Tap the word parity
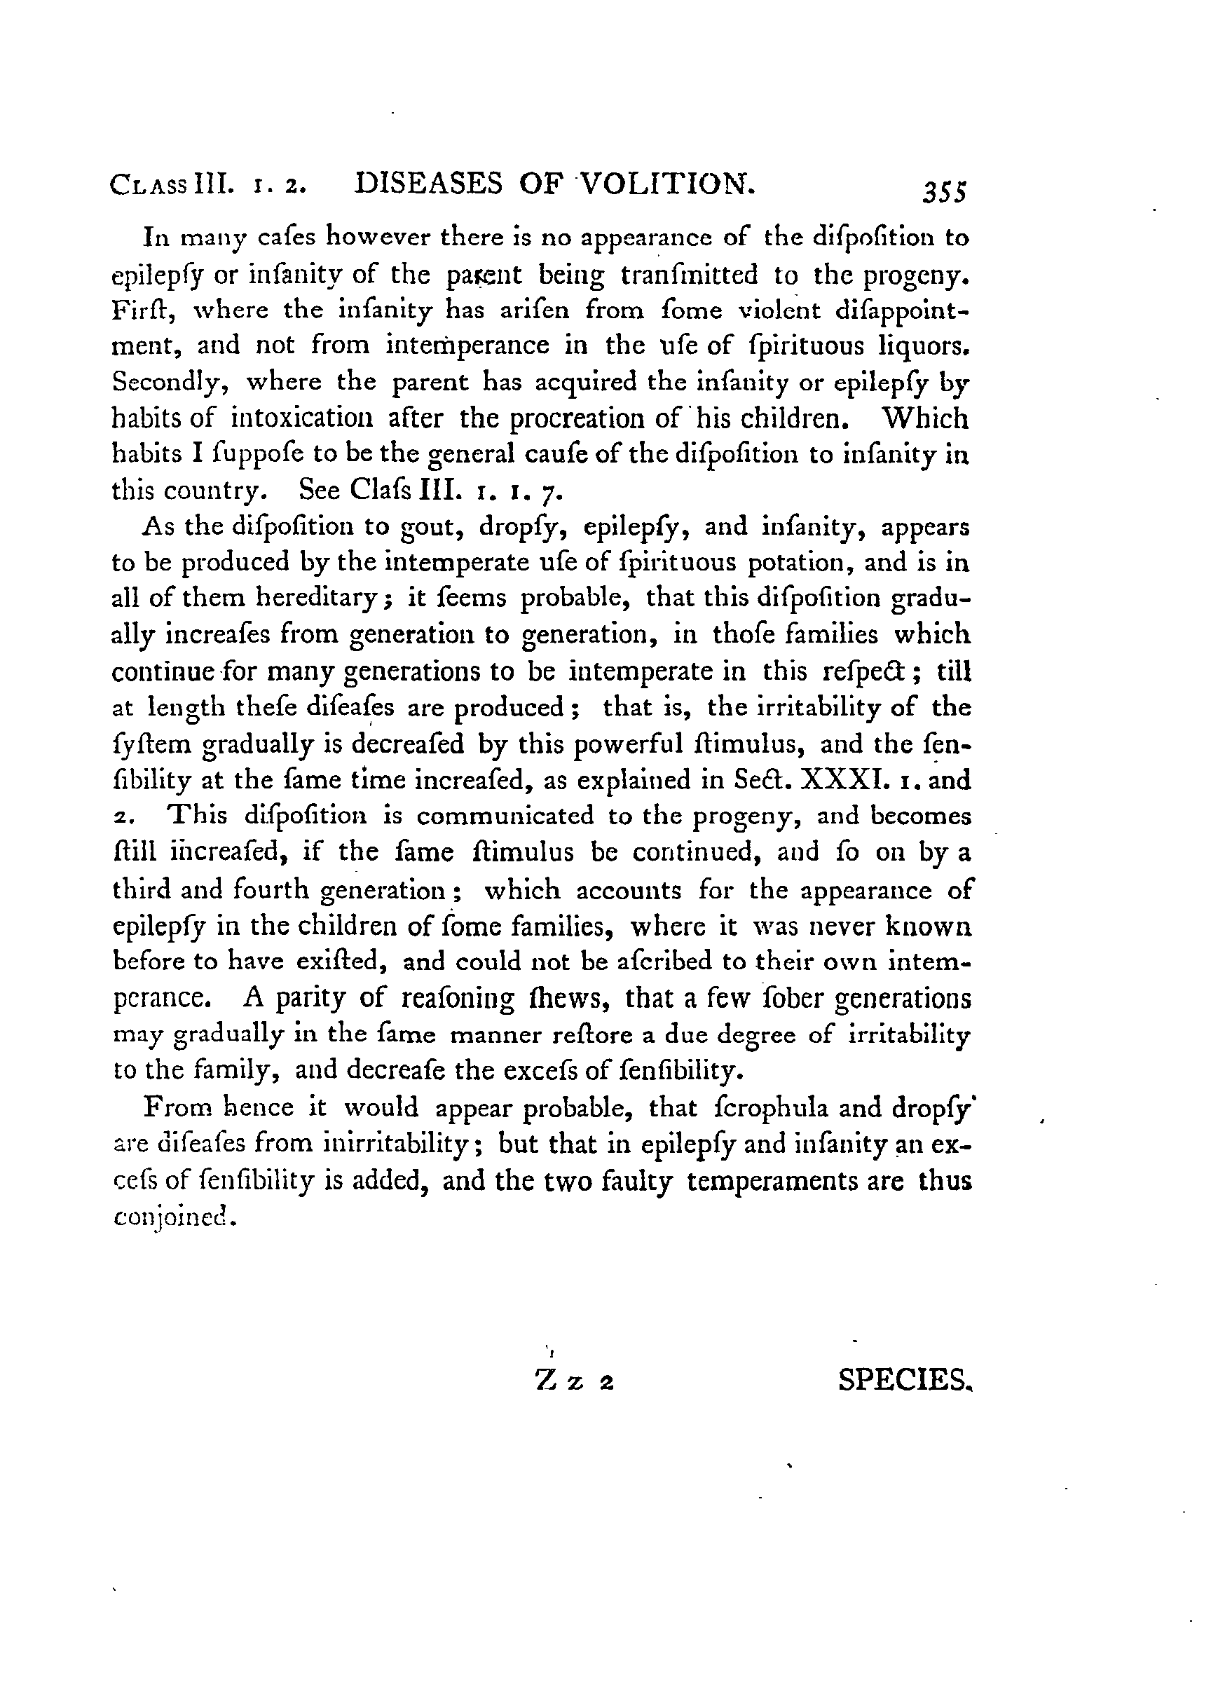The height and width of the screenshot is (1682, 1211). click(x=311, y=999)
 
